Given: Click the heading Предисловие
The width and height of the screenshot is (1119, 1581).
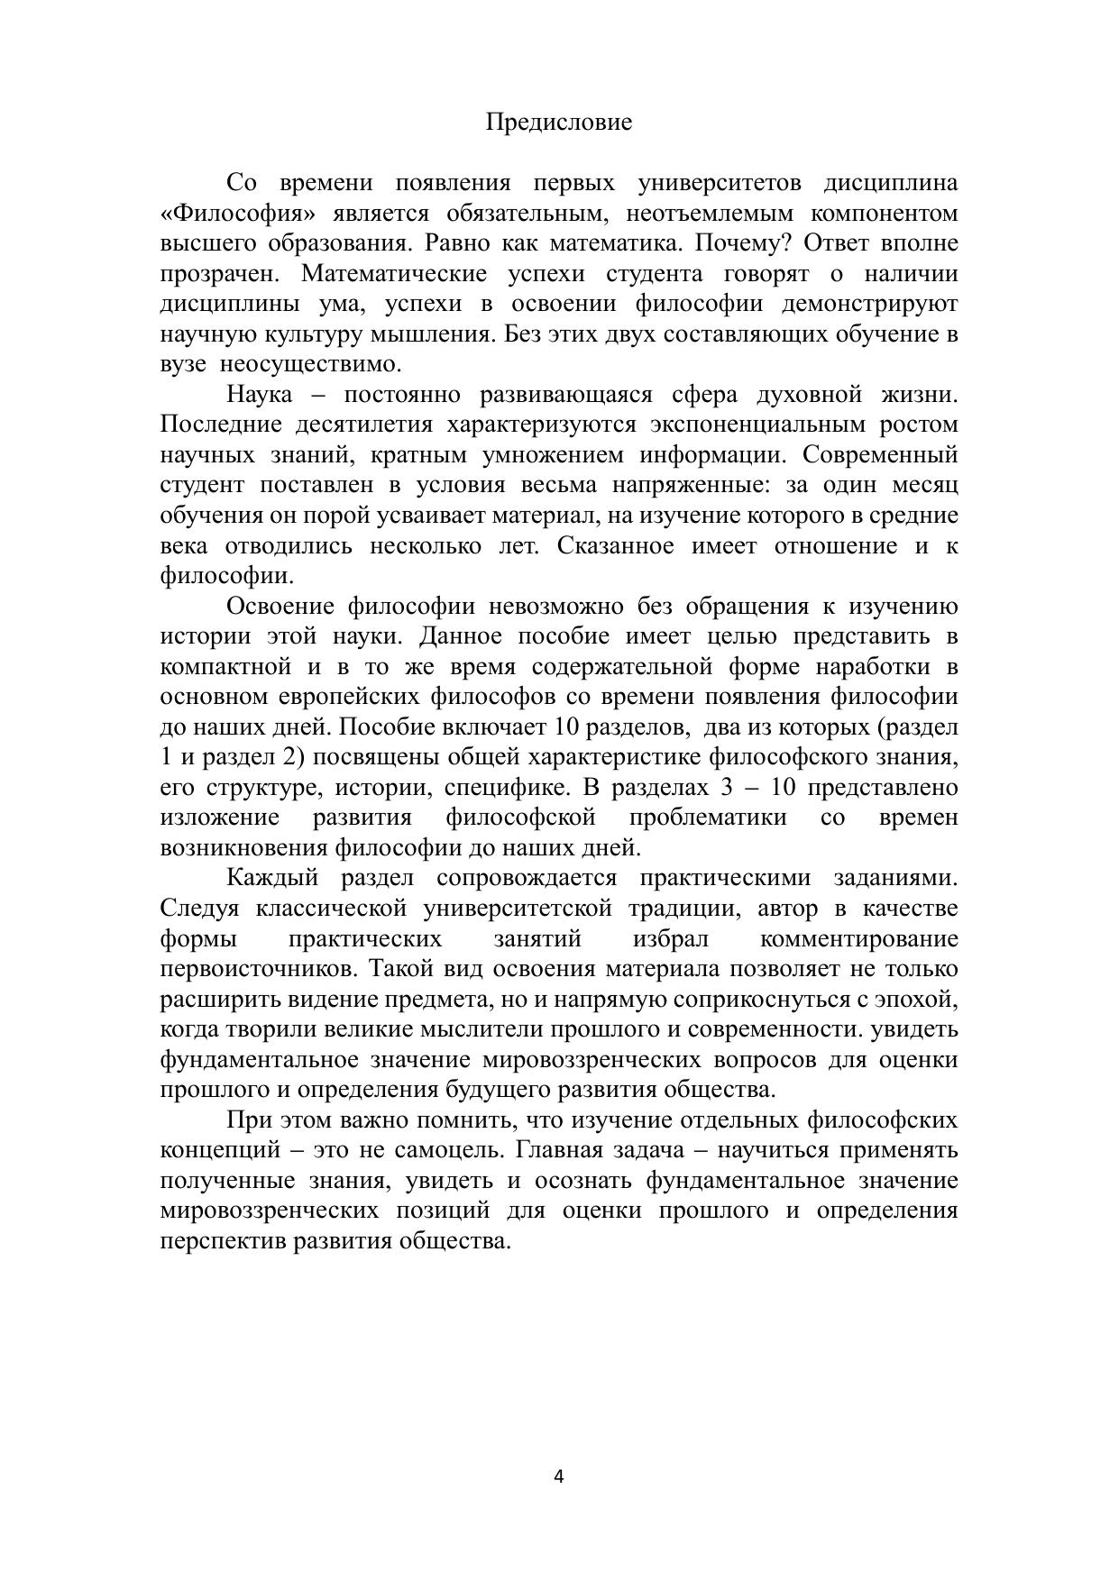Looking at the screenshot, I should click(x=559, y=122).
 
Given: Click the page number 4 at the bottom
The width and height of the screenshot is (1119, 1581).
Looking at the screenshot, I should click(x=559, y=1476).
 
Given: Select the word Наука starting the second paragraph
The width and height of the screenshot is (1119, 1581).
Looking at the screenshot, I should click(x=260, y=395).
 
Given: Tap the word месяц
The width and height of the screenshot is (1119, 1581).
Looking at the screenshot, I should click(x=925, y=485).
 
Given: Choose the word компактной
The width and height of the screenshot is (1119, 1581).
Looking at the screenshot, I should click(x=225, y=667).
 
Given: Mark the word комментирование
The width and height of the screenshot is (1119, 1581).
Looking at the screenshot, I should click(x=859, y=939).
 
